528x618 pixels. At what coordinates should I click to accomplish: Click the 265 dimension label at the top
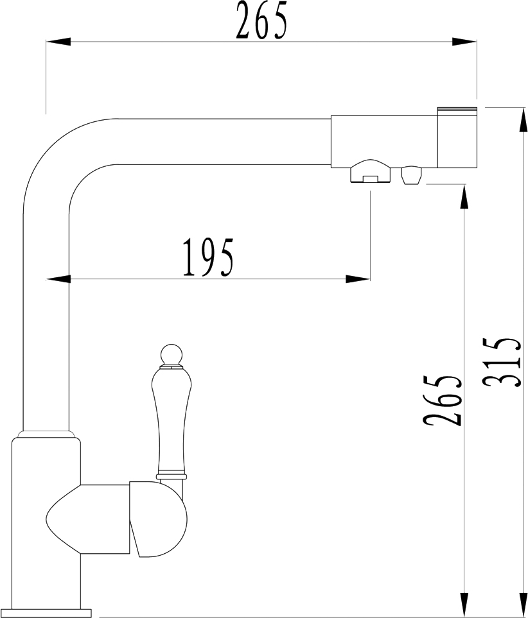(x=261, y=21)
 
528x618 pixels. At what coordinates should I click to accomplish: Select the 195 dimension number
(x=208, y=257)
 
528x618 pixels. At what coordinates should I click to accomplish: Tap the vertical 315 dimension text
(x=502, y=362)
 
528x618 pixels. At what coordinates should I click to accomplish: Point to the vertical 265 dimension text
(x=442, y=400)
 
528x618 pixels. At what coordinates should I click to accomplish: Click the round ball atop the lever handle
(x=172, y=354)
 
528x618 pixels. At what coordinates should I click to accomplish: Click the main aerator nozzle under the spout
(x=370, y=171)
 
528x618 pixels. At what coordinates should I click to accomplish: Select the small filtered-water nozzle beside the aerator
(x=411, y=175)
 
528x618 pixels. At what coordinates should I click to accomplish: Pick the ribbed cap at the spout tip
(x=457, y=137)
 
